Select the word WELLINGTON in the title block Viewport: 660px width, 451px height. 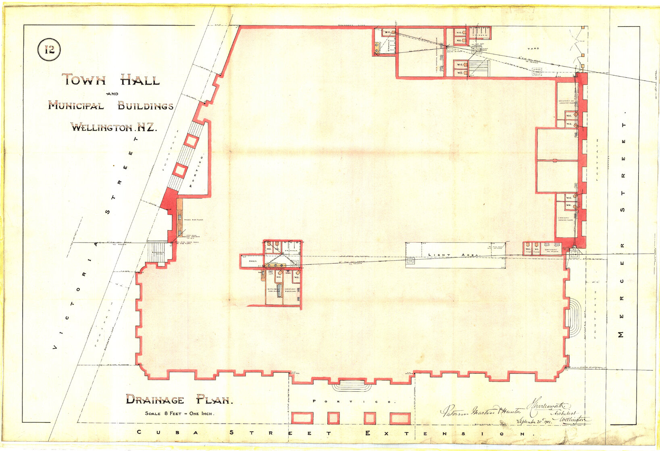[x=102, y=127]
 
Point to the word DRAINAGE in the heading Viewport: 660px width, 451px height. [x=155, y=399]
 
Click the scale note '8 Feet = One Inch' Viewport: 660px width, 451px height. [x=179, y=414]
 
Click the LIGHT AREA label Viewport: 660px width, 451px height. [x=453, y=255]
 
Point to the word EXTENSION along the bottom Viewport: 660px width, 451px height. [x=446, y=434]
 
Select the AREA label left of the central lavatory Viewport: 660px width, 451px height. [x=252, y=261]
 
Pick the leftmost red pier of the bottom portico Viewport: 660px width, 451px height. [x=302, y=418]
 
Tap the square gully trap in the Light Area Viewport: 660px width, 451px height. [x=410, y=261]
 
